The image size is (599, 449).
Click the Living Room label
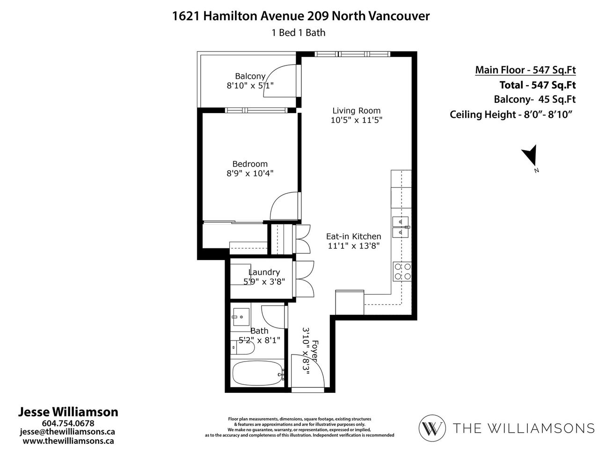(x=356, y=111)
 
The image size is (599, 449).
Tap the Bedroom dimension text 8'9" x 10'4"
(x=250, y=174)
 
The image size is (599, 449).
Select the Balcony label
(x=250, y=76)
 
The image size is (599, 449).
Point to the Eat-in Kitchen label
(x=354, y=236)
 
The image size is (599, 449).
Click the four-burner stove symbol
(x=402, y=271)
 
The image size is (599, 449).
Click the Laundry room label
(x=264, y=272)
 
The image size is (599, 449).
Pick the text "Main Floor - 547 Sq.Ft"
(x=526, y=70)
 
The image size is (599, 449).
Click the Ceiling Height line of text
(x=511, y=115)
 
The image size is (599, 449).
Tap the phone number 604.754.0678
(x=68, y=423)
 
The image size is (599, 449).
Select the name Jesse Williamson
(x=68, y=412)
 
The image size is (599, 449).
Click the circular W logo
(x=432, y=428)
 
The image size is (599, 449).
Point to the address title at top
(x=301, y=16)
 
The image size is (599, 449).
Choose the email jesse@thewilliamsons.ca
(x=67, y=432)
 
